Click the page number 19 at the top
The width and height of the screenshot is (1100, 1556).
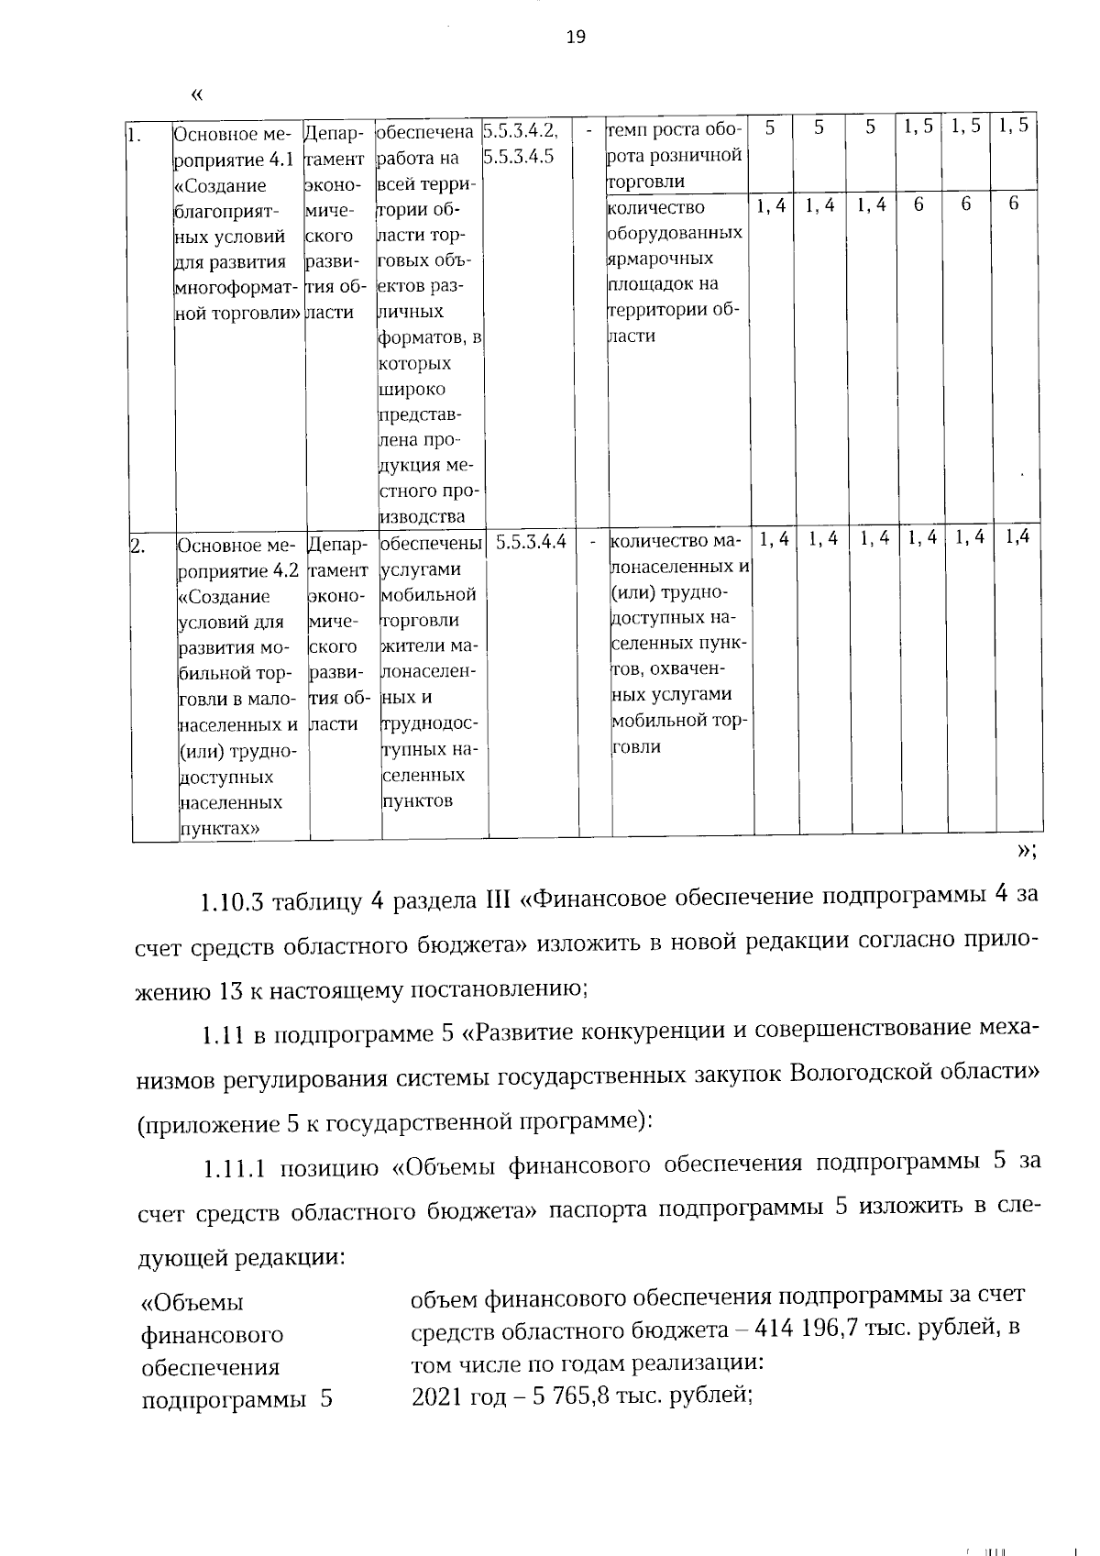click(576, 37)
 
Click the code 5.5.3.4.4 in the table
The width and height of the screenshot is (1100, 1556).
click(531, 543)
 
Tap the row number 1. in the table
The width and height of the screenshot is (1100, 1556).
click(134, 138)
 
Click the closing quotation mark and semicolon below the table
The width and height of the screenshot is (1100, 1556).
click(1027, 850)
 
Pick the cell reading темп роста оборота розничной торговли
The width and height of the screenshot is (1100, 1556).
click(675, 155)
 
